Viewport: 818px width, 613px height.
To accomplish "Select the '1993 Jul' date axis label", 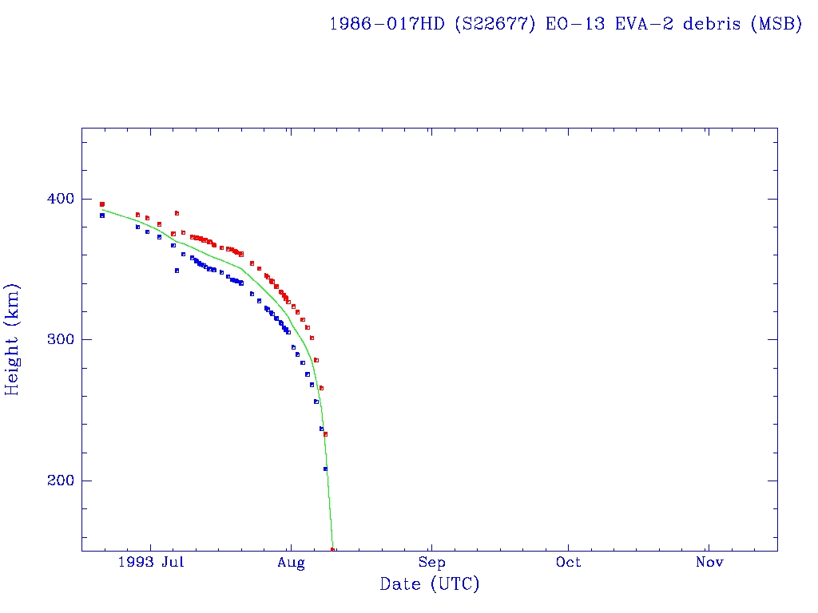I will (149, 563).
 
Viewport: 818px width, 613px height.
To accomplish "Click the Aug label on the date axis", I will (292, 563).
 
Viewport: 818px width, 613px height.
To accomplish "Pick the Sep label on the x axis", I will (431, 563).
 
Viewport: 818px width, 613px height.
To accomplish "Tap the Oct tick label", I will (569, 563).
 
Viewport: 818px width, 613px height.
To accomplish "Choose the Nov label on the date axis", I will (709, 563).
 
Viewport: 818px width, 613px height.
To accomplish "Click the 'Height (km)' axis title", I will (12, 339).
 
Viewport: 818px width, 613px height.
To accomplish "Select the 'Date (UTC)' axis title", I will (430, 584).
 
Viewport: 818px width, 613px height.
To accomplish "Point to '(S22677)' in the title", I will (495, 23).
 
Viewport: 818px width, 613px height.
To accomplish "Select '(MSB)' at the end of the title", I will (776, 23).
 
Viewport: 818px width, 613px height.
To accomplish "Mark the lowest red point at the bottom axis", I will (333, 549).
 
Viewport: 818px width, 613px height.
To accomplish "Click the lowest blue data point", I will (325, 469).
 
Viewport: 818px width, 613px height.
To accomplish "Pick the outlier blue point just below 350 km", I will (177, 271).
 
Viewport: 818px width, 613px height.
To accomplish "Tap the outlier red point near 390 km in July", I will (177, 213).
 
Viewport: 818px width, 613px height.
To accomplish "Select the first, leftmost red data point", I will (101, 204).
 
